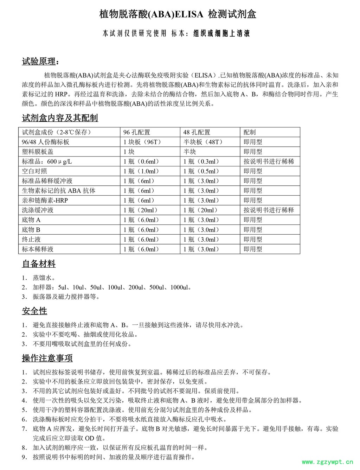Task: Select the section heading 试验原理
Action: click(x=39, y=62)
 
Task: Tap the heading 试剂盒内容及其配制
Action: click(x=60, y=118)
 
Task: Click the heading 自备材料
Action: click(x=39, y=264)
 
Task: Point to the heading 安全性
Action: click(x=34, y=311)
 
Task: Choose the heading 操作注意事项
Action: click(x=47, y=358)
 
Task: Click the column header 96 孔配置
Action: click(x=137, y=132)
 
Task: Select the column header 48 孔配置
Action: click(x=197, y=132)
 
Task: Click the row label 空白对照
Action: click(x=34, y=171)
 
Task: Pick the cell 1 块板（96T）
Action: click(x=142, y=142)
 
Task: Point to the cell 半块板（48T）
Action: click(x=203, y=142)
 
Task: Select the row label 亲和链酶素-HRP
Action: click(x=45, y=201)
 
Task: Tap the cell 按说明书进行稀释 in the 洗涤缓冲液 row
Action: click(x=269, y=210)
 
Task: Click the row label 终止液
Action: click(x=31, y=240)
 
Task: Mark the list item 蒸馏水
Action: click(x=44, y=278)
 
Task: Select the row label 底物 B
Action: click(x=31, y=230)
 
